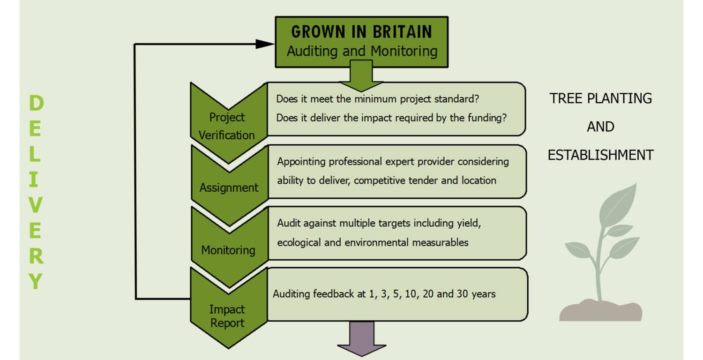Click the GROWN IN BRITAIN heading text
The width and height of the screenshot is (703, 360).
(361, 32)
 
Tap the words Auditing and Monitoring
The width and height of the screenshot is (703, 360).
(362, 51)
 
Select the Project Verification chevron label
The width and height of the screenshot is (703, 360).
(226, 126)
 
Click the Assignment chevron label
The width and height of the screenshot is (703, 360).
(229, 187)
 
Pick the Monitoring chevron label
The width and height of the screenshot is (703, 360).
(228, 250)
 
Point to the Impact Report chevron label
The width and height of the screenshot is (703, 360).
(227, 316)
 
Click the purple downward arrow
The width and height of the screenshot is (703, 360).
(361, 339)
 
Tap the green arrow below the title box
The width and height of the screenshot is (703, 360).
(361, 75)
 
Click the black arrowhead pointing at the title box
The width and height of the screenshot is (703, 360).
(265, 44)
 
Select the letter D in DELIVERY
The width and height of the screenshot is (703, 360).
(37, 103)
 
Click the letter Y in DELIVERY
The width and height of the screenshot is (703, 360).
(36, 281)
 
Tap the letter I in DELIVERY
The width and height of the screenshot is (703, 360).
(34, 180)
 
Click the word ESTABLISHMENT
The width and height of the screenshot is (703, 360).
(600, 155)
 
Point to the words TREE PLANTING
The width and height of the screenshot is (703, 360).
(600, 98)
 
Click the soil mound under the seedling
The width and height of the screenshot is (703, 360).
(600, 310)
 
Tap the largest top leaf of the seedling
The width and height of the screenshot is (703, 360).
(618, 205)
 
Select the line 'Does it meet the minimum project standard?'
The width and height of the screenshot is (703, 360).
(378, 99)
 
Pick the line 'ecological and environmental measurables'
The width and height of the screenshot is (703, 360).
(373, 243)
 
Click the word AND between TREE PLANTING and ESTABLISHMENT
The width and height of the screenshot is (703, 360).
(600, 127)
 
